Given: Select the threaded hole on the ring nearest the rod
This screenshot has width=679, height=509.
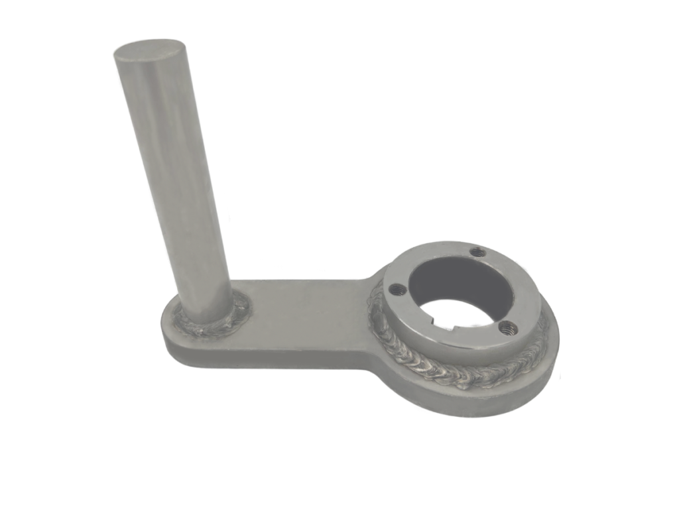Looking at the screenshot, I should [396, 288].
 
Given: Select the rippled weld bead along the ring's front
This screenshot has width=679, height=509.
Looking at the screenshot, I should [451, 374].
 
